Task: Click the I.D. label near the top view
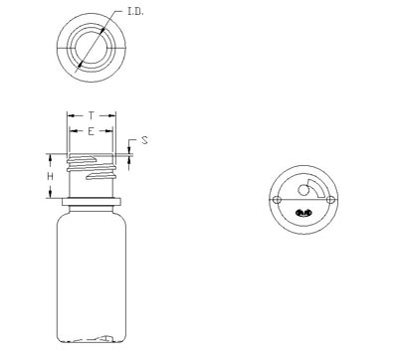click(135, 12)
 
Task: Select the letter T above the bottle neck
click(92, 115)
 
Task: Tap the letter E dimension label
click(91, 131)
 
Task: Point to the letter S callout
click(144, 140)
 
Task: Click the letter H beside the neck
click(50, 176)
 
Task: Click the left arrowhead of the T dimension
click(71, 115)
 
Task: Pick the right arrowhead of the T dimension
click(112, 115)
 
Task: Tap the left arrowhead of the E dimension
click(73, 131)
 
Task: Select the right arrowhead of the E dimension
click(109, 131)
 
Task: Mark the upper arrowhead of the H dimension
click(51, 158)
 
